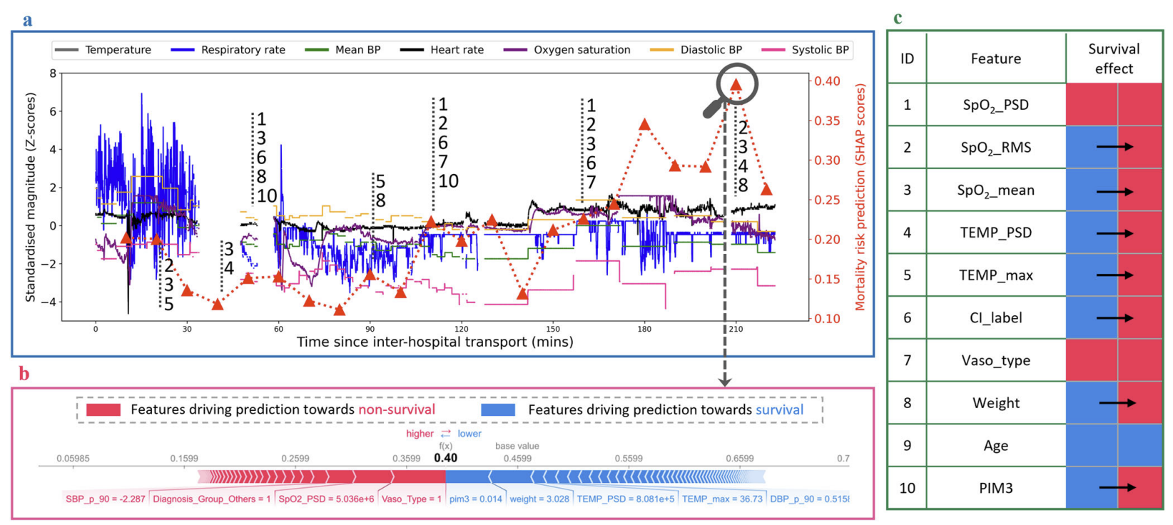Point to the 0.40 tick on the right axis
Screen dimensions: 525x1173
(827, 81)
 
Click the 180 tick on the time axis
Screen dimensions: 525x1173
(644, 329)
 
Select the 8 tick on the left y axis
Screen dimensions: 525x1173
(53, 73)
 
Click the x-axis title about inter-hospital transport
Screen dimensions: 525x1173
(435, 342)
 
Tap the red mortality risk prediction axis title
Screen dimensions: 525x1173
(860, 198)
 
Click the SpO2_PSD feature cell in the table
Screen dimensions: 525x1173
(995, 105)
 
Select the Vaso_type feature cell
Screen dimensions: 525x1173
(995, 360)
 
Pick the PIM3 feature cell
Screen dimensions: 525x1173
(995, 488)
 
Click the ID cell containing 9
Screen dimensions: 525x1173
(907, 445)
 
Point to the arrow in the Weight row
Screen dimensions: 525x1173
(1117, 403)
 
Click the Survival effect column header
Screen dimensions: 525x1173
(1113, 58)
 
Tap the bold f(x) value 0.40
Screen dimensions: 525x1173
(445, 458)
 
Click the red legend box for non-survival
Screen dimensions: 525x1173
(103, 409)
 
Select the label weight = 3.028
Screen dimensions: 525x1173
(539, 499)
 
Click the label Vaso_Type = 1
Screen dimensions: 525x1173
(411, 499)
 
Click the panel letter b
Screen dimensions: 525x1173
(24, 374)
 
